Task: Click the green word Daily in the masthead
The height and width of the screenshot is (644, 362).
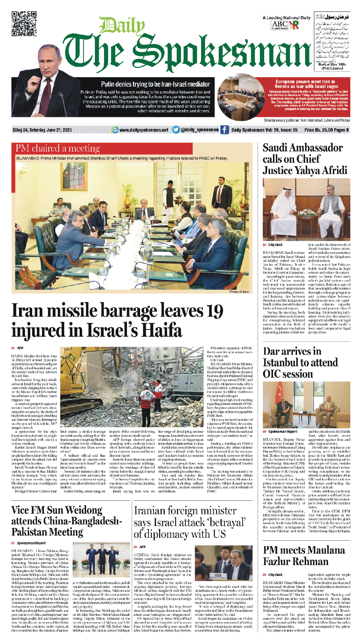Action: point(122,26)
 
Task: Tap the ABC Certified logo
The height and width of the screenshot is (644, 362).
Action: point(280,25)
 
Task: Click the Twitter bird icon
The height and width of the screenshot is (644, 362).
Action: point(176,130)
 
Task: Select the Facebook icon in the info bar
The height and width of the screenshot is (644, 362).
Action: point(224,130)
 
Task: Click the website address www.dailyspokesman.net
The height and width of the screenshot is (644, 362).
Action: point(144,130)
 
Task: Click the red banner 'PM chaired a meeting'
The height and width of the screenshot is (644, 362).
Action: point(58,148)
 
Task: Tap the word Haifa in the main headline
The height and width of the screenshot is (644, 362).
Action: point(161,330)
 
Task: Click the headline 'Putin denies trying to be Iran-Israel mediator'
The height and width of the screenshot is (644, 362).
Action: point(155,84)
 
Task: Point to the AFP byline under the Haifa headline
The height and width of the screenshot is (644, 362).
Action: point(20,348)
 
